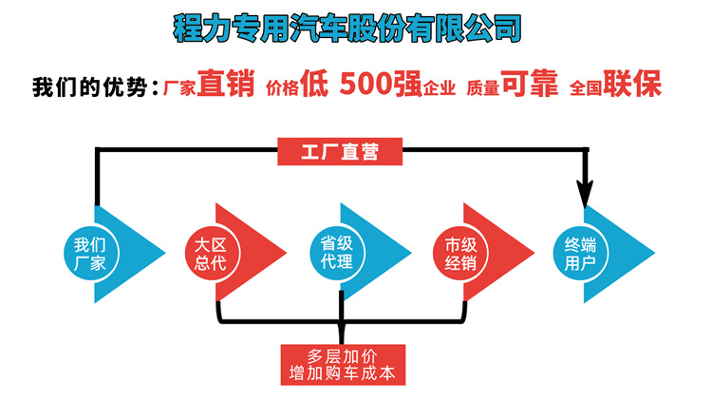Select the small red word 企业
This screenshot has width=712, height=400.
(432, 88)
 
